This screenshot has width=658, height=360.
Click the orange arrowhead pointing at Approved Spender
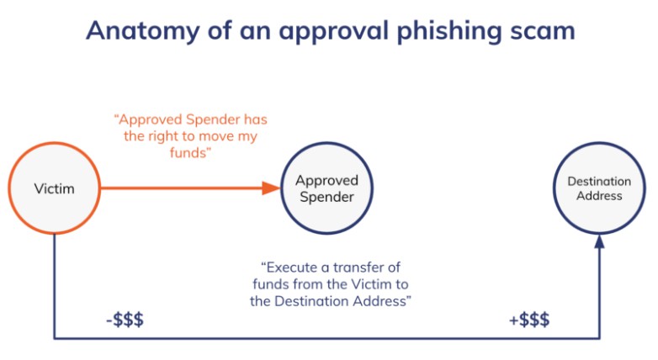(x=271, y=188)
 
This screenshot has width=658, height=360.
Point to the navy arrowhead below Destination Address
(x=599, y=241)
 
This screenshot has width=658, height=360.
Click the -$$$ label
(x=125, y=320)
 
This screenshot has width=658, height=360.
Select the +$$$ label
(x=529, y=320)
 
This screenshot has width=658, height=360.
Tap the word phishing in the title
(x=449, y=31)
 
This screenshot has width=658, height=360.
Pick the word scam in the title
(x=543, y=32)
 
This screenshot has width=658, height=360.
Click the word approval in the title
(x=334, y=31)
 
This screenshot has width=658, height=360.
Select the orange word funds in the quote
(x=188, y=153)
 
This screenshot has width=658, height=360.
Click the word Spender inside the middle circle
(x=327, y=197)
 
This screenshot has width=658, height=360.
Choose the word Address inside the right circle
(x=599, y=196)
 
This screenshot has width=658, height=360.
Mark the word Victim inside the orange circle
(x=54, y=188)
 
